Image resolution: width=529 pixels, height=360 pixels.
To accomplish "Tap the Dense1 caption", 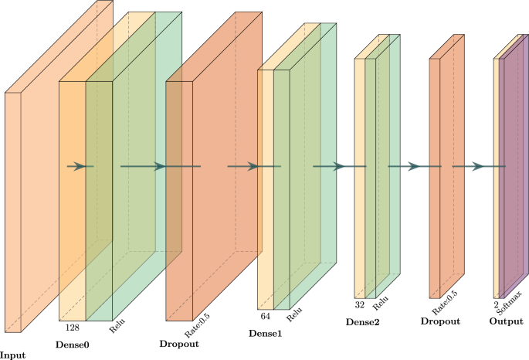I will pyautogui.click(x=265, y=333).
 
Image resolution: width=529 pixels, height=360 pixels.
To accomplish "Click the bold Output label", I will pyautogui.click(x=506, y=321).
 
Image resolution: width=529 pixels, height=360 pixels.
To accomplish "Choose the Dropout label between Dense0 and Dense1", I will pyautogui.click(x=179, y=342).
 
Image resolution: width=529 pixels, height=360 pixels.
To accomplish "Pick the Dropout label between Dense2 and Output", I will pyautogui.click(x=441, y=321).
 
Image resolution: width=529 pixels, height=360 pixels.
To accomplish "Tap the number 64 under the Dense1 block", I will pyautogui.click(x=264, y=316).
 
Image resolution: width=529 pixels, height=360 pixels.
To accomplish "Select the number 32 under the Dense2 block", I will pyautogui.click(x=360, y=304).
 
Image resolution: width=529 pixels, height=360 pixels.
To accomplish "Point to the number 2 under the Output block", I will pyautogui.click(x=496, y=304).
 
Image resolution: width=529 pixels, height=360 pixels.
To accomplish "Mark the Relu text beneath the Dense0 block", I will pyautogui.click(x=117, y=325).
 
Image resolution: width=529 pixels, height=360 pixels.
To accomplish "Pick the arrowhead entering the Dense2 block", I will pyautogui.click(x=337, y=166).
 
